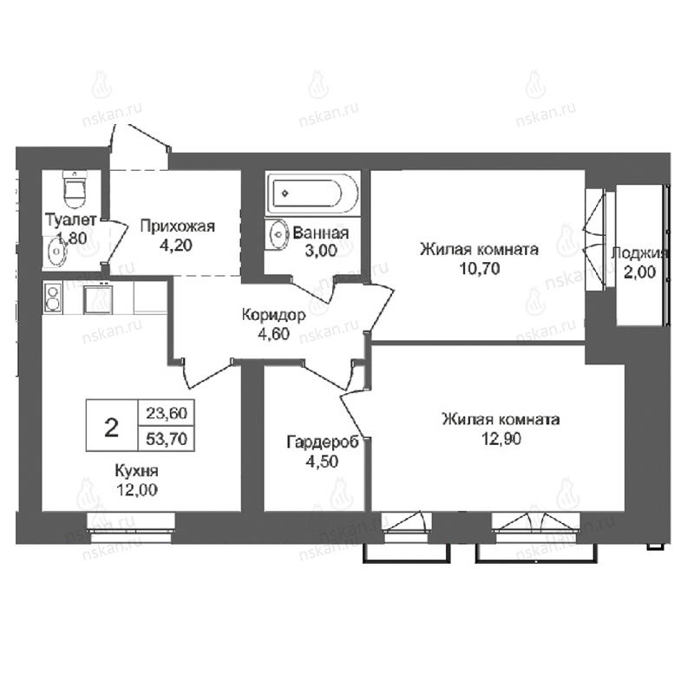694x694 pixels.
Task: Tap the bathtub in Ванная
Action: coord(313,193)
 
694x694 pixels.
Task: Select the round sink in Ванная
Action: coord(278,234)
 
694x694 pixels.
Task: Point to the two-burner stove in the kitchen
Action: coord(53,298)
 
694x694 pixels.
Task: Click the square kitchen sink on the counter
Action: coord(98,299)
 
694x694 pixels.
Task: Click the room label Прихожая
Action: coord(177,226)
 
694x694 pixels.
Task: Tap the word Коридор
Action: coord(273,315)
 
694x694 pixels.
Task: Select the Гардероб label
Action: coord(323,442)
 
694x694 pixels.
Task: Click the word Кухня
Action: coord(136,471)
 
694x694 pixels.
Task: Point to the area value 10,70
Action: coord(480,269)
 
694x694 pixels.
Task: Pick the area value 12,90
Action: coord(501,439)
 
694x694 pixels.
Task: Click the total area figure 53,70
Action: coord(167,439)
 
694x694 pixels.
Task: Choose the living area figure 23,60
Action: coord(167,413)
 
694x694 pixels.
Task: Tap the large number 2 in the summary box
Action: coord(112,428)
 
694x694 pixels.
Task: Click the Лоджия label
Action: coord(638,253)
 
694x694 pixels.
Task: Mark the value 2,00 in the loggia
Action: coord(639,272)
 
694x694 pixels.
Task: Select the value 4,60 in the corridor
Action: coord(273,334)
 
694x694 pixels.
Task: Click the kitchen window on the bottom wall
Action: coord(131,527)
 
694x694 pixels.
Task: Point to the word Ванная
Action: coord(321,232)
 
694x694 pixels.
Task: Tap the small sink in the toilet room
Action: coord(56,252)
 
